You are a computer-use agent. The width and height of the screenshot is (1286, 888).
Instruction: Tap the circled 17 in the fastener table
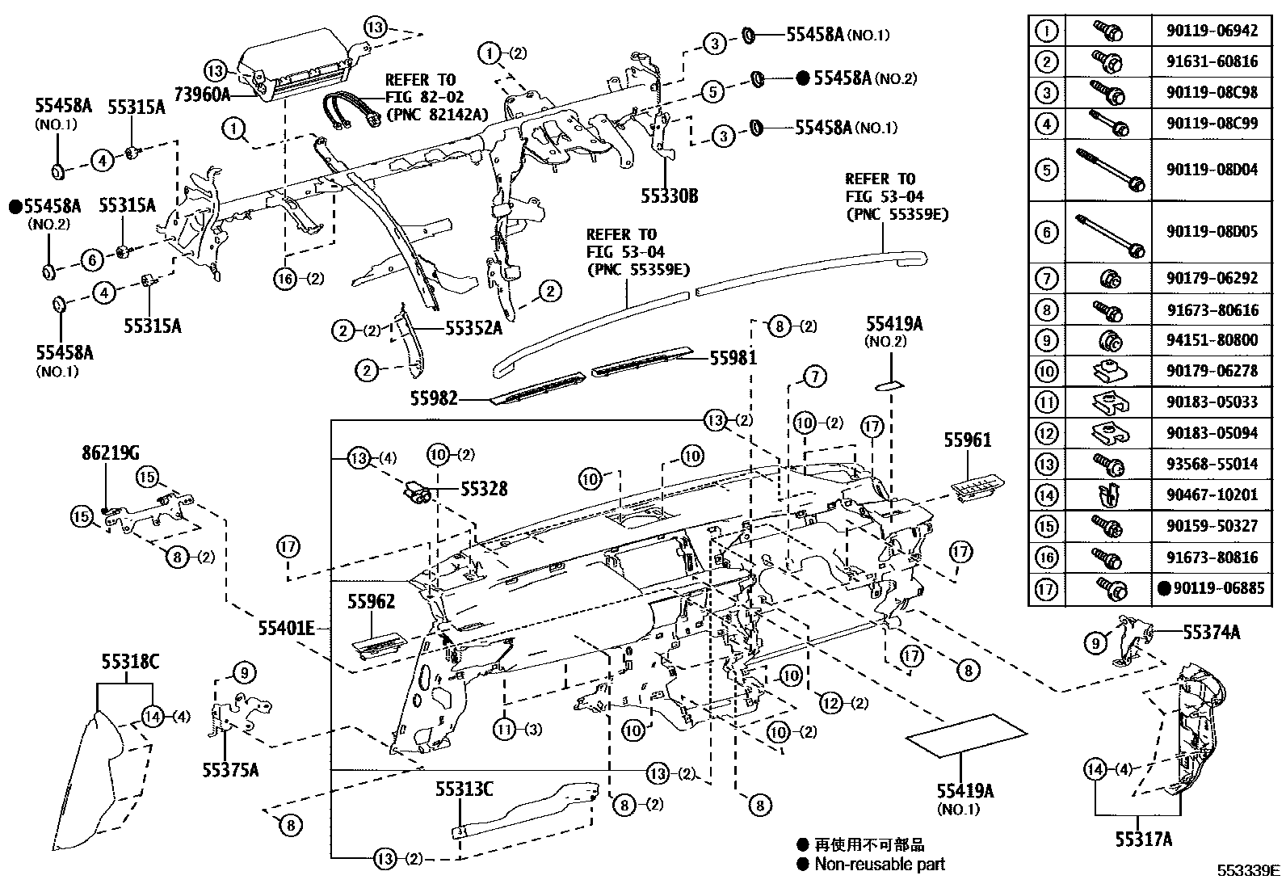1047,589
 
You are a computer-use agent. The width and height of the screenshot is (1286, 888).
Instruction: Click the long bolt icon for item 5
1108,170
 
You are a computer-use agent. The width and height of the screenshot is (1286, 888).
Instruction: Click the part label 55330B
669,196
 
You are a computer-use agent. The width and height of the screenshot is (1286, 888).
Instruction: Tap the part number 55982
434,398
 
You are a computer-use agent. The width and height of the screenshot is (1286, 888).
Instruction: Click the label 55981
733,357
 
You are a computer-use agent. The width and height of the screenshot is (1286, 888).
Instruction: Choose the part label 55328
484,488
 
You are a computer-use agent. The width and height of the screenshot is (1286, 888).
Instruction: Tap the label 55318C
130,663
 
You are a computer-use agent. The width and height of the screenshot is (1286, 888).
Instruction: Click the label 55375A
230,770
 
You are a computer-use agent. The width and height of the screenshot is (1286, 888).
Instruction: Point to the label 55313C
464,789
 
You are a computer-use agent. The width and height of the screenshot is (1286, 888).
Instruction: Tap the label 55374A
1211,633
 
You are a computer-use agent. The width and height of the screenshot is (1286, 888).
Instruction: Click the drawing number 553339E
1249,870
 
